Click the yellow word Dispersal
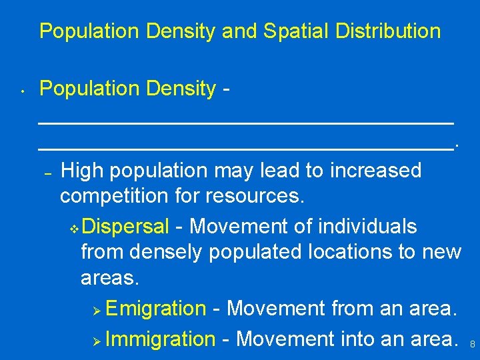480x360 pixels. (x=126, y=227)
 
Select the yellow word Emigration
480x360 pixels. (x=155, y=309)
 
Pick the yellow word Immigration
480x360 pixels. (x=160, y=339)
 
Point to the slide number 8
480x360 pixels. (x=472, y=345)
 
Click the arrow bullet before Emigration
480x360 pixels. (x=96, y=310)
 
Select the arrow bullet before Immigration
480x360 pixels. (x=96, y=340)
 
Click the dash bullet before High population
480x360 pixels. (x=47, y=172)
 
